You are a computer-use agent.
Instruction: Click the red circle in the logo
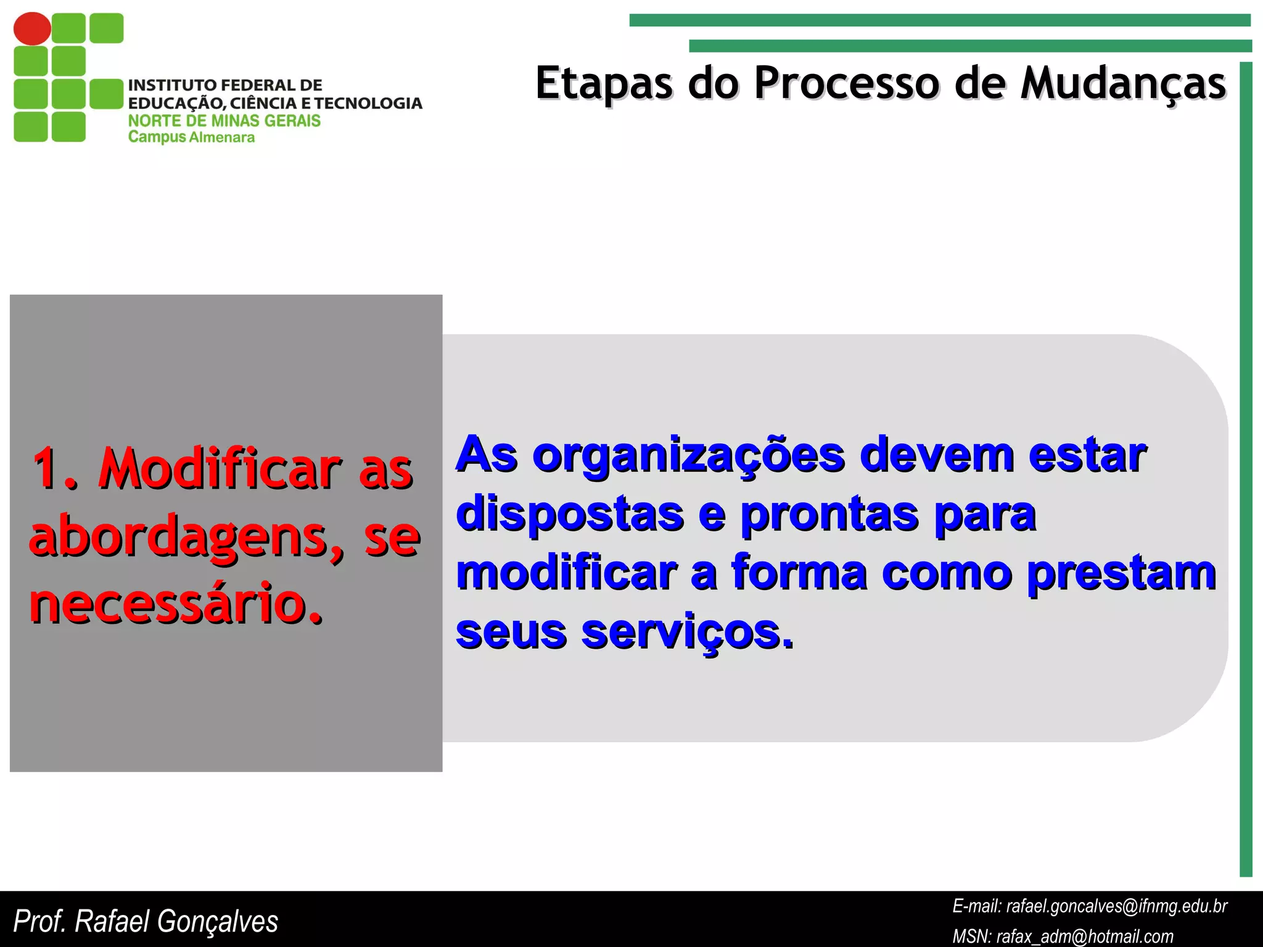(x=32, y=28)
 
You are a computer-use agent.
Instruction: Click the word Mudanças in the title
(x=1122, y=83)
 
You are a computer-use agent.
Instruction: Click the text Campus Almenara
(x=191, y=137)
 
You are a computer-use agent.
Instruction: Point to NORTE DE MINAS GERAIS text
(x=224, y=121)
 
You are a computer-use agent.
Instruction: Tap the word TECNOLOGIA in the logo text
(x=368, y=103)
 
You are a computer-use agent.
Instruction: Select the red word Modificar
(x=219, y=470)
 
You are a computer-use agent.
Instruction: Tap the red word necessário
(x=176, y=603)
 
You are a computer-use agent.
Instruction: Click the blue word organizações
(x=688, y=456)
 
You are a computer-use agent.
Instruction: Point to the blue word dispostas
(x=570, y=514)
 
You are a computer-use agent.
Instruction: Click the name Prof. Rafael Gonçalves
(x=146, y=921)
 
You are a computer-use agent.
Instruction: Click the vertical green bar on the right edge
(x=1246, y=469)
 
